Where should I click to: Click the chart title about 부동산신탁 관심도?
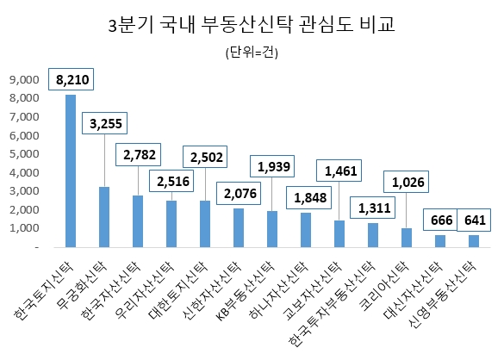point(252,25)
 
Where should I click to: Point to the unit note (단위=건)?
point(252,53)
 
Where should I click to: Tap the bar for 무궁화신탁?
point(103,216)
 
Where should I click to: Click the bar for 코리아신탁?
point(406,237)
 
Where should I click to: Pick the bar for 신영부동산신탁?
point(473,240)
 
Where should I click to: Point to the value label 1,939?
point(272,165)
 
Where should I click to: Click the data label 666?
point(440,220)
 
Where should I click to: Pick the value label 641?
point(474,220)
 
